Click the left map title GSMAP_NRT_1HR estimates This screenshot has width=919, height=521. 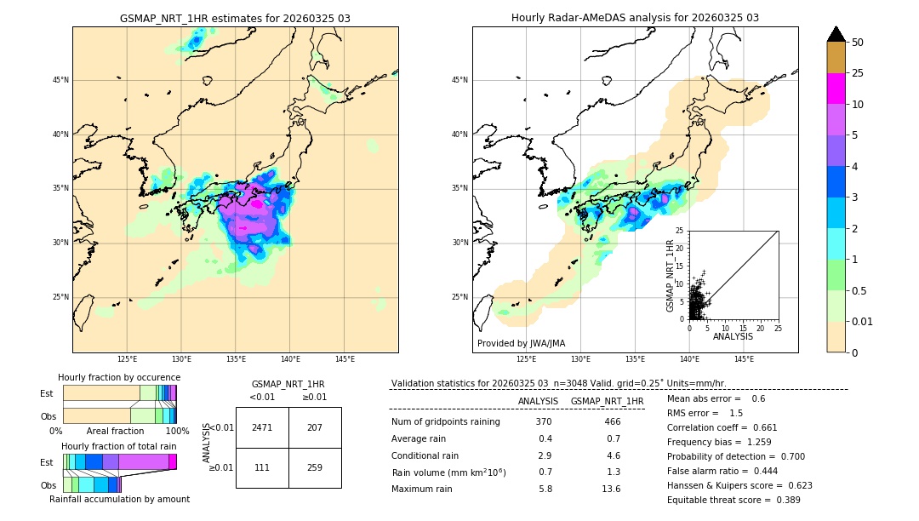click(235, 18)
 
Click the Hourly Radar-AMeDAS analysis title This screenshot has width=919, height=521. click(635, 18)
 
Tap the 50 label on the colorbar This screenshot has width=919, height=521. click(859, 43)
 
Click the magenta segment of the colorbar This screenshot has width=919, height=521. click(836, 89)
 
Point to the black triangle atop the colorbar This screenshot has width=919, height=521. click(836, 34)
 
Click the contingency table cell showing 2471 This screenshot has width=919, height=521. click(262, 427)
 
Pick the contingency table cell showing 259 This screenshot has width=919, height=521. click(315, 467)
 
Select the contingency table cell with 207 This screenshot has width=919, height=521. click(315, 427)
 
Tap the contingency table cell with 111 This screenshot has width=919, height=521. click(262, 467)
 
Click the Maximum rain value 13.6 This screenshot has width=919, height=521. click(611, 489)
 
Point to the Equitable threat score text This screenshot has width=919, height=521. click(733, 500)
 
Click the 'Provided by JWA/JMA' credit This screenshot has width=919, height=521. click(521, 344)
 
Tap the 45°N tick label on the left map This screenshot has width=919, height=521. click(60, 80)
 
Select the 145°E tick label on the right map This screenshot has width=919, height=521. click(744, 359)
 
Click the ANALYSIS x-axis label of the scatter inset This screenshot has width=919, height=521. click(733, 336)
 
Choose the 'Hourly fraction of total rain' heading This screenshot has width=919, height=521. click(119, 446)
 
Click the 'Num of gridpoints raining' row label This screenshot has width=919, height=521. click(446, 422)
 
